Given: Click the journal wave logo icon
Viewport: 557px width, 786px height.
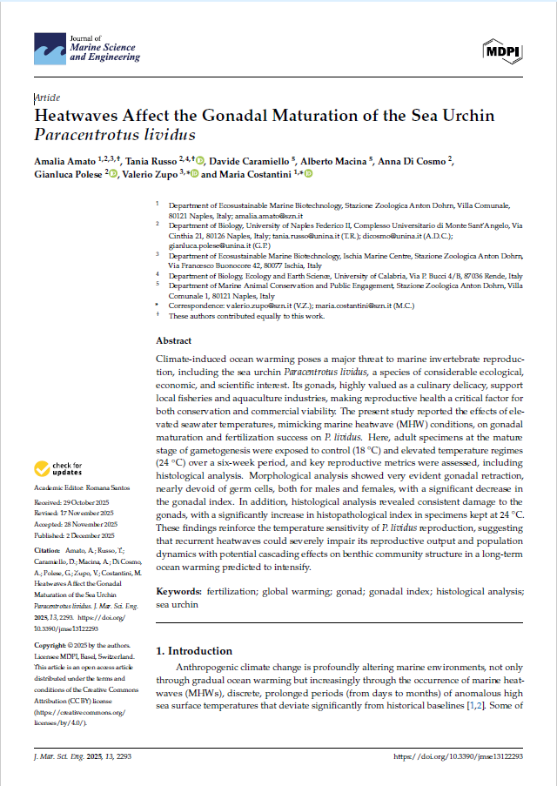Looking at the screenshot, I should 49,50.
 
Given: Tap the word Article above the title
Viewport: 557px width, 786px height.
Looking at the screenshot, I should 48,98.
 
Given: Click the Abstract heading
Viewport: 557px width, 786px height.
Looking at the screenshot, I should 173,341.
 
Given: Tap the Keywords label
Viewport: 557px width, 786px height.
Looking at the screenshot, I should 178,592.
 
